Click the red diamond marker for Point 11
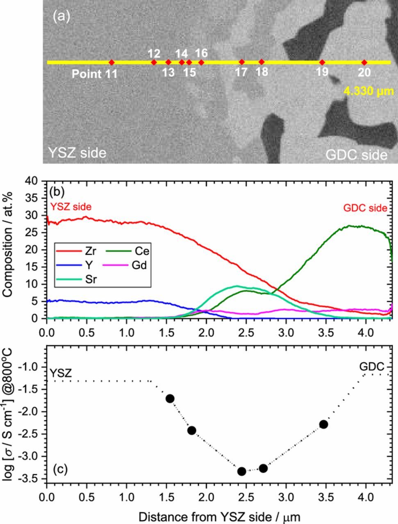tap(111, 62)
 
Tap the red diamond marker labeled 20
tap(364, 62)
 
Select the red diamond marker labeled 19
tap(322, 62)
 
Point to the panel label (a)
tap(62, 17)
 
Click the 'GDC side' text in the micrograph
tap(356, 155)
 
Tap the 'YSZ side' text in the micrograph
tap(77, 153)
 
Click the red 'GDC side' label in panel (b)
tap(365, 208)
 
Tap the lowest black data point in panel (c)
tap(241, 471)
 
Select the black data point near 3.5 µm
tap(323, 424)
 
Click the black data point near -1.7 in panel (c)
tap(170, 398)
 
